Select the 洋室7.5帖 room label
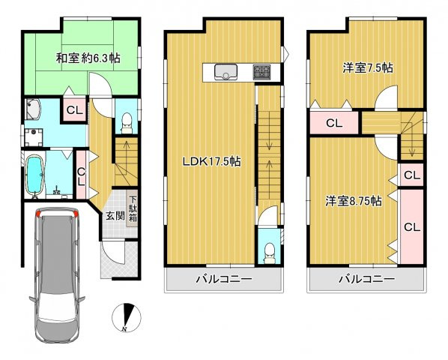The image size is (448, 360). (x=368, y=67)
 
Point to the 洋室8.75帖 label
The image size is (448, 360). (x=354, y=201)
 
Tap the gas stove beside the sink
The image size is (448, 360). (x=262, y=72)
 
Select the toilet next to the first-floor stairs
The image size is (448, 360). (x=127, y=119)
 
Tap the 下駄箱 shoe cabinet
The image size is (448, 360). (x=132, y=208)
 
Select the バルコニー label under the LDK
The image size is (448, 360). (x=224, y=280)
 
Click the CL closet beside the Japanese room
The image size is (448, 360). (x=74, y=111)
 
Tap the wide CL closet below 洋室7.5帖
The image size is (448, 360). (x=333, y=123)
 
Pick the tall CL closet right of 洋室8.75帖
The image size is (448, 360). (x=411, y=226)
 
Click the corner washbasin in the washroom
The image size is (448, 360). (x=34, y=110)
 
